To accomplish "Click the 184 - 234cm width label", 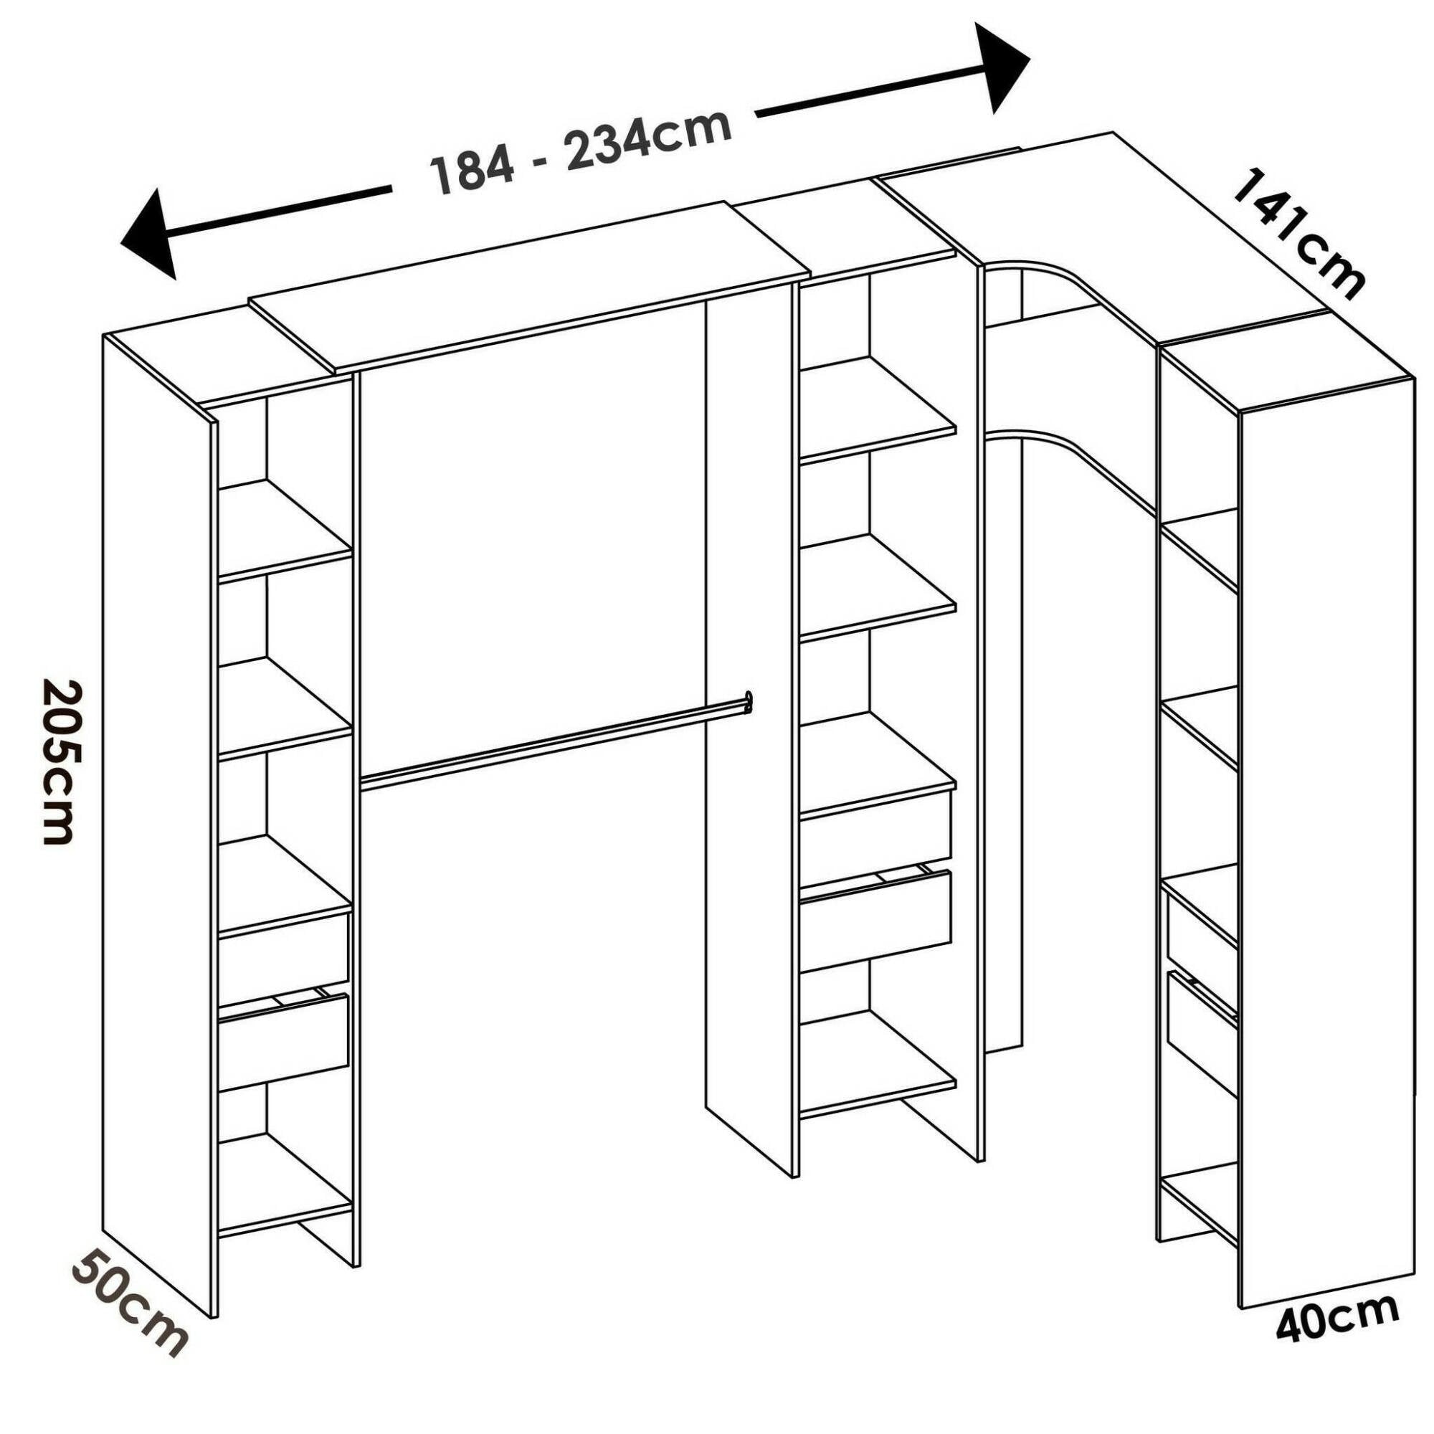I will pyautogui.click(x=581, y=152).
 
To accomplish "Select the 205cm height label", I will pyautogui.click(x=62, y=760).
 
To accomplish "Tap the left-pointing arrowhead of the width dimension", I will pyautogui.click(x=152, y=233).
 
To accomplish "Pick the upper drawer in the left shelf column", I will pyautogui.click(x=282, y=952).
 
